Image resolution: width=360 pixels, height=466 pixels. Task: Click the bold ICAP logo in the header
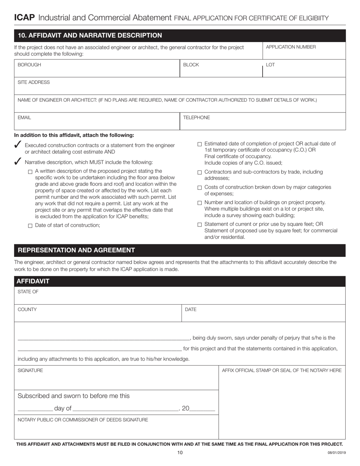[24, 17]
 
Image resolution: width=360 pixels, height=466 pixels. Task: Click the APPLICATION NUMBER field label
[291, 47]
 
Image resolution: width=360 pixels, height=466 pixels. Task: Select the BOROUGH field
[97, 68]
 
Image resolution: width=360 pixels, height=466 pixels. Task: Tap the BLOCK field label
[191, 65]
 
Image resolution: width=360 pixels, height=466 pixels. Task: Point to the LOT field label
[270, 65]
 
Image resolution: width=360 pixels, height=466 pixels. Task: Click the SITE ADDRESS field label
[34, 82]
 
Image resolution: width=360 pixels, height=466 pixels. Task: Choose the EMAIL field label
[24, 117]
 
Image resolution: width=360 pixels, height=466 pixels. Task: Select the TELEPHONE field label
[196, 117]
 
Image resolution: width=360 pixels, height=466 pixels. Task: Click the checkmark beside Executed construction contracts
[17, 145]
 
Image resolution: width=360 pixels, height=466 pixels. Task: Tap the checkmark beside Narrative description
[17, 162]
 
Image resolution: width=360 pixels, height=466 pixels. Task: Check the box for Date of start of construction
[30, 226]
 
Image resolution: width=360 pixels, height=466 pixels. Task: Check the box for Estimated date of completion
[200, 144]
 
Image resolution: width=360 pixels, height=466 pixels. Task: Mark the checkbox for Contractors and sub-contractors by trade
[200, 172]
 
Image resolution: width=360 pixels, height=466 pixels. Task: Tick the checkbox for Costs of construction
[200, 188]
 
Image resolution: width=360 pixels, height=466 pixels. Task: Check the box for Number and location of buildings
[200, 203]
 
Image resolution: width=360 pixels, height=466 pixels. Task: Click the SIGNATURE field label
[30, 370]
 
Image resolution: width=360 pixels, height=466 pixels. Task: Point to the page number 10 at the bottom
[180, 452]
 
